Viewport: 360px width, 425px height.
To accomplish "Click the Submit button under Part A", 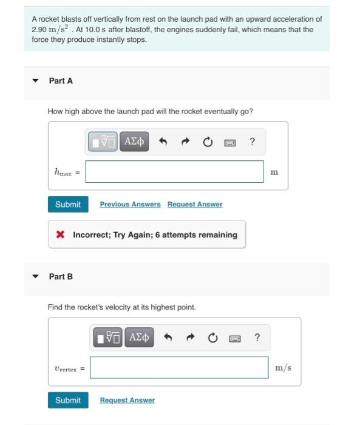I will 68,204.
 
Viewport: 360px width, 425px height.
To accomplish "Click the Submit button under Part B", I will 68,400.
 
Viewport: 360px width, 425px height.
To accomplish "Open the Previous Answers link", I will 130,205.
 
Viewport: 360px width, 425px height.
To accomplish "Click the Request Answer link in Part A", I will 195,205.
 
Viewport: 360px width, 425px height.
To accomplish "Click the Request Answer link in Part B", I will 127,401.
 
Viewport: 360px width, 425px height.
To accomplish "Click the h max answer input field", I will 174,172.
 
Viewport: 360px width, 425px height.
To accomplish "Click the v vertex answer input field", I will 179,367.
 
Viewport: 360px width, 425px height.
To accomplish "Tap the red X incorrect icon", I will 60,234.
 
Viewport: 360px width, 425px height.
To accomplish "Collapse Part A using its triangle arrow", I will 35,81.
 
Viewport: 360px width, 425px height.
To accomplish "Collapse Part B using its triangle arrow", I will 35,276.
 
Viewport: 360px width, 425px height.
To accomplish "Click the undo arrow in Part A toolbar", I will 163,142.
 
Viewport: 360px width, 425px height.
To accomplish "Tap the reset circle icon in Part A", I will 207,142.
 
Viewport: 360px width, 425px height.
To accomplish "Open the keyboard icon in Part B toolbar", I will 234,338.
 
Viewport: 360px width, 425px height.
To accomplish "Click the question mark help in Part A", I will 253,142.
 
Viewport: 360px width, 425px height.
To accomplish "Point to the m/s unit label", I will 283,367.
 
